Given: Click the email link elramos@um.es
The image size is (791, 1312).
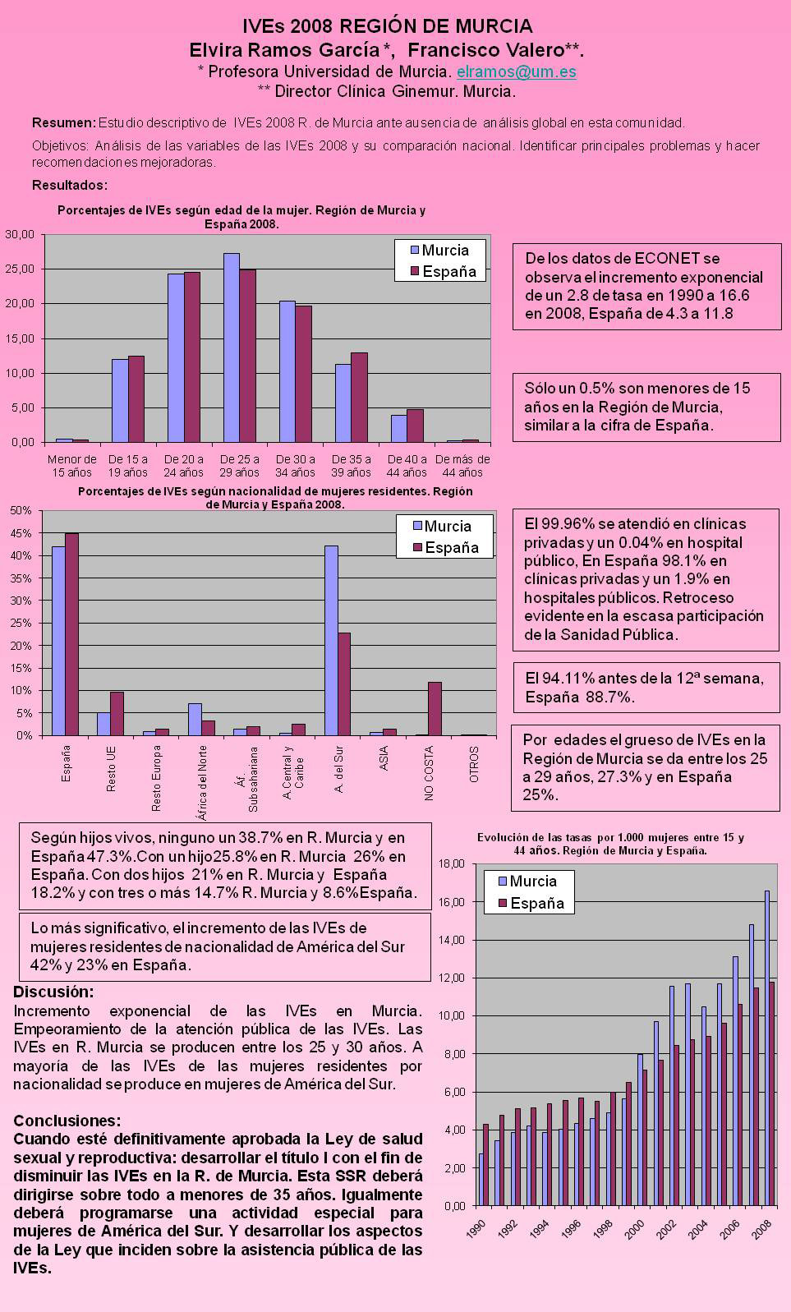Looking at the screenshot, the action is point(516,72).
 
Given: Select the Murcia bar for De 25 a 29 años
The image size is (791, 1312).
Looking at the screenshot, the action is point(232,348).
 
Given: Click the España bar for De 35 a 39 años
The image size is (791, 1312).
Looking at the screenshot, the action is point(360,397).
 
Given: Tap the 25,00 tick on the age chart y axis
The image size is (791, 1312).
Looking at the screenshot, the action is point(20,269).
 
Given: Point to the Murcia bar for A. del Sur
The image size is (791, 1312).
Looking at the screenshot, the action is point(331,640).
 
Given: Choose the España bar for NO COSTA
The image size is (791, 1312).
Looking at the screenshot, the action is point(435,708).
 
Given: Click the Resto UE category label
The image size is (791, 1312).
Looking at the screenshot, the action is point(111,769).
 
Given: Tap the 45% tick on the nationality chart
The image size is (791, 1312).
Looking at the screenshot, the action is point(21,533).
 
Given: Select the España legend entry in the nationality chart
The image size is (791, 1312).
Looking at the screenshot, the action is point(445,548).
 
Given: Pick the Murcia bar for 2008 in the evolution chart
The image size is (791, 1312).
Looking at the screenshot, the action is point(767,1047).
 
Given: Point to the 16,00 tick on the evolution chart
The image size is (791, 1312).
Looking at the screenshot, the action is point(452,902).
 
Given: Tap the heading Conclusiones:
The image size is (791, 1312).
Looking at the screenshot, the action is point(67,1121).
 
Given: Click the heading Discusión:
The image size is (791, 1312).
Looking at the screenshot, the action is point(53,992).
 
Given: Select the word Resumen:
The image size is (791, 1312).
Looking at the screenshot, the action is point(64,123).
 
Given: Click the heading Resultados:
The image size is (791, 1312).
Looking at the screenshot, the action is point(70,185).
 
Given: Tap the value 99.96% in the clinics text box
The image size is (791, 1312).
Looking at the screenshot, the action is point(564,523).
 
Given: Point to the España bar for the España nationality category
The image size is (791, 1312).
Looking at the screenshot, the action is point(71,633).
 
